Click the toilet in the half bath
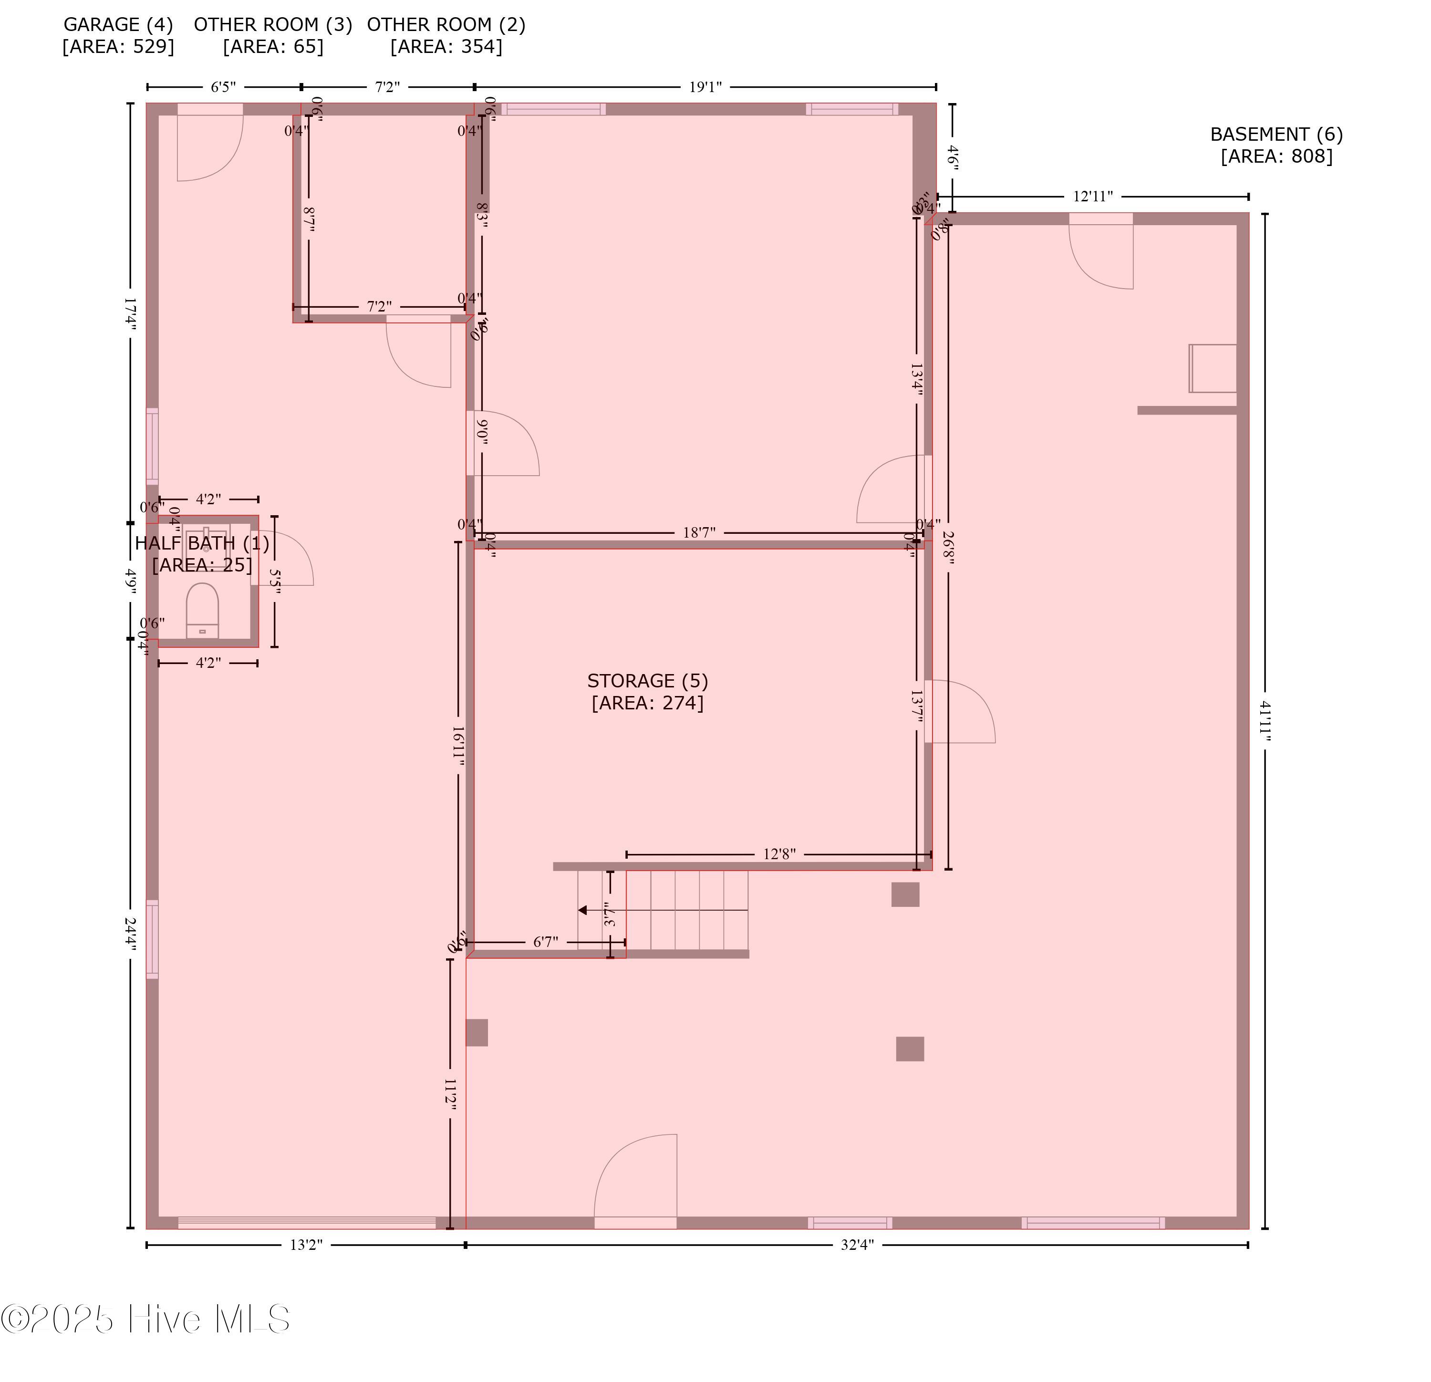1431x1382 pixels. coord(202,610)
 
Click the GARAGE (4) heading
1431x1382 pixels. coord(118,25)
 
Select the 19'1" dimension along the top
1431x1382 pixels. coord(705,87)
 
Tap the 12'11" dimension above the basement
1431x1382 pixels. coord(1092,197)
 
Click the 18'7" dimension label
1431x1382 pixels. coord(699,533)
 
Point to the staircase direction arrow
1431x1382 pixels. coord(582,910)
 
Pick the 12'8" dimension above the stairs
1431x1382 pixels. coord(779,854)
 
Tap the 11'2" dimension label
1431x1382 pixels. coord(450,1095)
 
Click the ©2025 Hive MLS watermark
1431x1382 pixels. coord(146,1319)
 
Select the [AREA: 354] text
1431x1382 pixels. coord(446,47)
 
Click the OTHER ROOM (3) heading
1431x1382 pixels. coord(273,25)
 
